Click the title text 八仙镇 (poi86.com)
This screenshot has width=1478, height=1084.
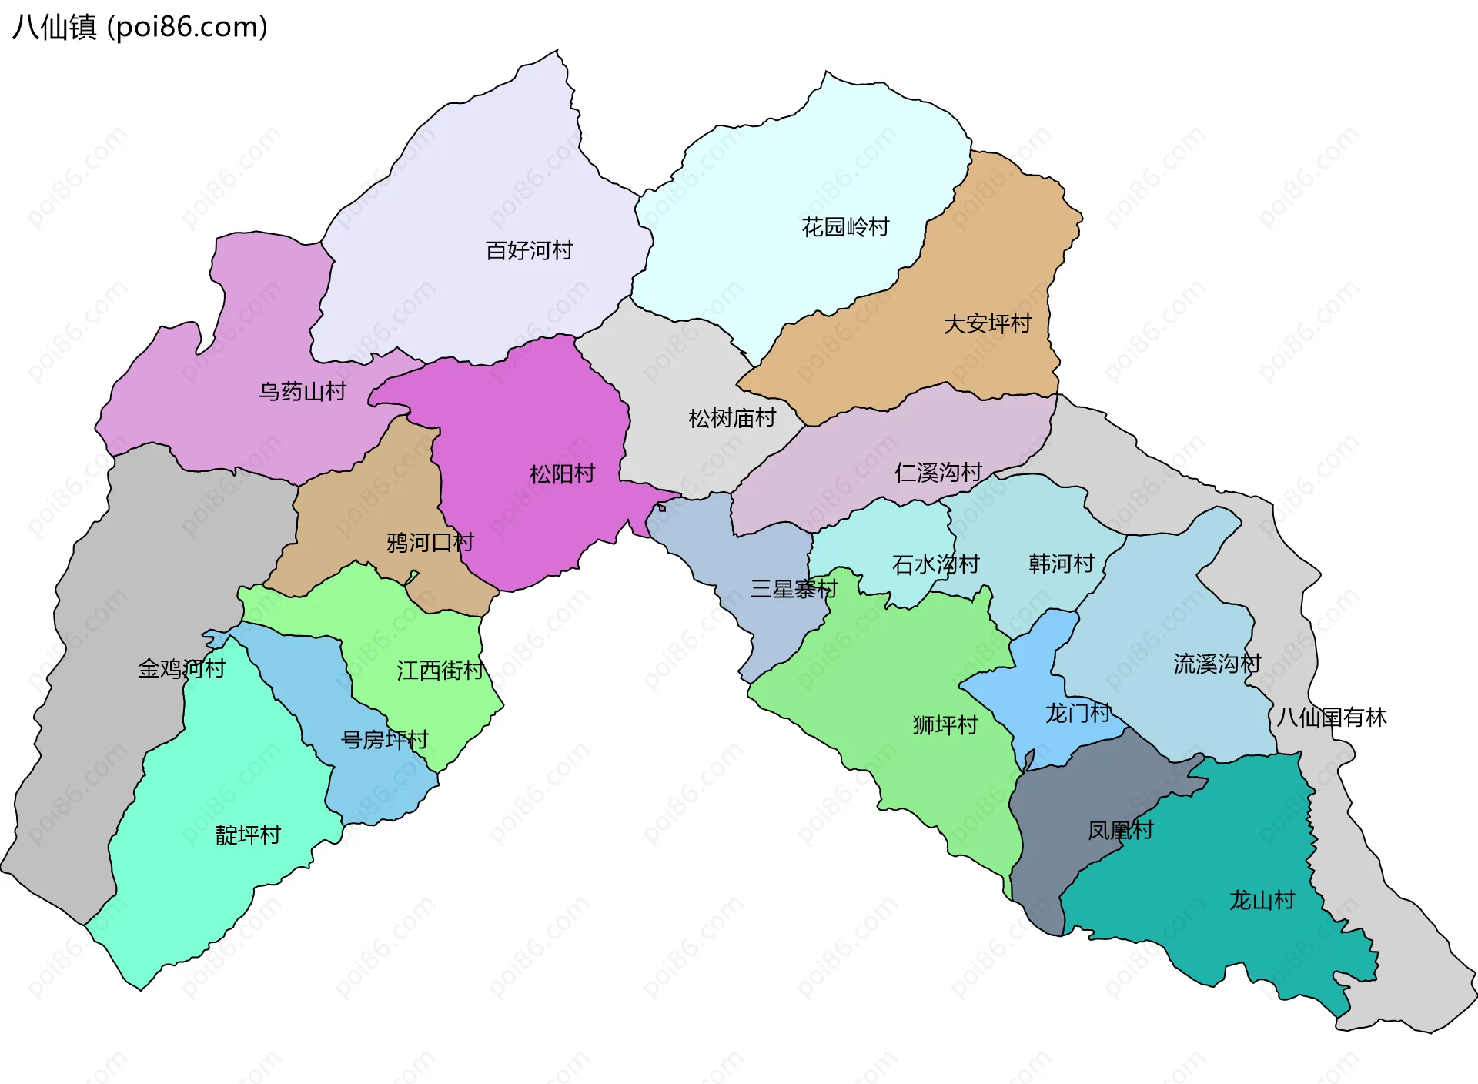point(140,27)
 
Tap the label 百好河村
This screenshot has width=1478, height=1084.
point(529,250)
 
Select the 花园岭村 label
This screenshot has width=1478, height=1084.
point(845,227)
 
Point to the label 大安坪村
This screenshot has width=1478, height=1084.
point(987,323)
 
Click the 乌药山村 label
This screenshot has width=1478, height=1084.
point(302,392)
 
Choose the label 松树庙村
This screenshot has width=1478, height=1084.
point(731,418)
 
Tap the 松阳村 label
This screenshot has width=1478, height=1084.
point(562,473)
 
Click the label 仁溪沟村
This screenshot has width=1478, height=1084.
point(938,472)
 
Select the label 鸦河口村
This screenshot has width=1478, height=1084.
point(430,543)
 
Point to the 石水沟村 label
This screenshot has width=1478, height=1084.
point(935,564)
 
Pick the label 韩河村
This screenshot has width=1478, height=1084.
point(1061,564)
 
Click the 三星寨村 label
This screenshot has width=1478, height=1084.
point(794,589)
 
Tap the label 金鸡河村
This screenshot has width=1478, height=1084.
point(182,668)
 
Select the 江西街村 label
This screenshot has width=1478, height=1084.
point(440,671)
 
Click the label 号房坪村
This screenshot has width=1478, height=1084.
point(384,740)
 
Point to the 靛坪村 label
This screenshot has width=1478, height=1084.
point(248,835)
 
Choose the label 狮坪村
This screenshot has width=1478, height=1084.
point(945,724)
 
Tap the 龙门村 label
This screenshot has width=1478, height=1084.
point(1077,713)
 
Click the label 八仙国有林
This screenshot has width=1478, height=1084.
point(1331,718)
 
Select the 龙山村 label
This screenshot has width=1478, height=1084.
point(1262,900)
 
